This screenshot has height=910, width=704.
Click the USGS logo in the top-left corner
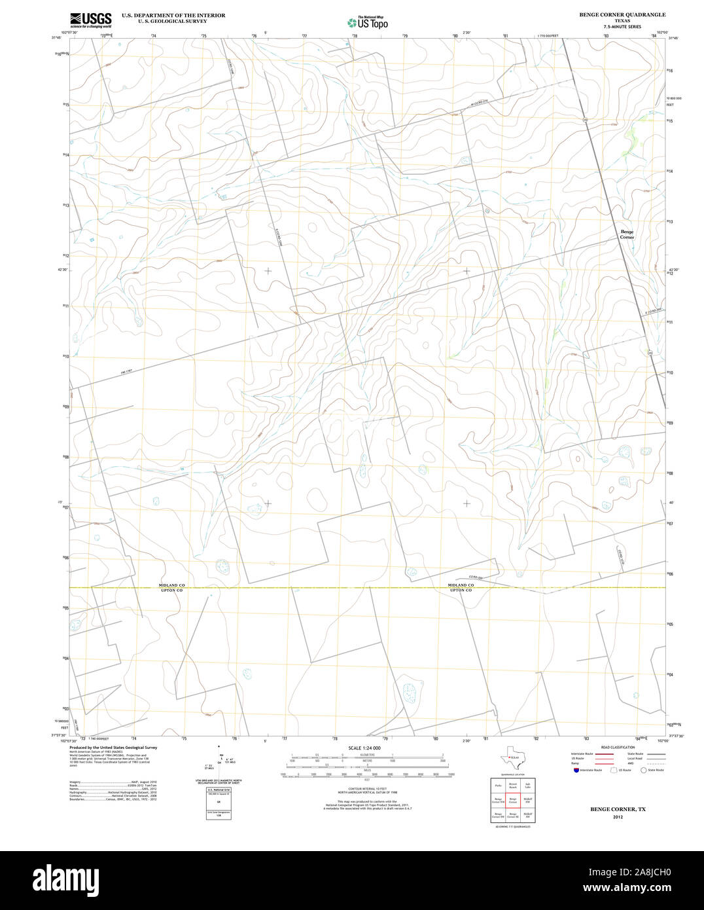click(90, 20)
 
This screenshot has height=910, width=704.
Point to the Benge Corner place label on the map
click(627, 234)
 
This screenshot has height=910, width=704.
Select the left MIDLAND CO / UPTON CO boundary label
click(172, 587)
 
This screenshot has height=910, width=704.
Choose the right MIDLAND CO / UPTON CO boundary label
click(461, 587)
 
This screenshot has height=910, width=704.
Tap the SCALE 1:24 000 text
click(364, 748)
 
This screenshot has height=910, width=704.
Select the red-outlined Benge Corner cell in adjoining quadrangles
click(513, 799)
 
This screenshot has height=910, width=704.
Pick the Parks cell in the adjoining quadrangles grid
click(498, 784)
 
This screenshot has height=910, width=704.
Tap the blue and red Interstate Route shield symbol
click(576, 770)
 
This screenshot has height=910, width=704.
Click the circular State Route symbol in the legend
click(643, 770)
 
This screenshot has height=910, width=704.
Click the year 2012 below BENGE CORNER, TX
click(618, 817)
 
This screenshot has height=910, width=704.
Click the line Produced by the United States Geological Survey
click(113, 747)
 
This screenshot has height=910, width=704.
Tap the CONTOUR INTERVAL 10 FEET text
click(364, 789)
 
